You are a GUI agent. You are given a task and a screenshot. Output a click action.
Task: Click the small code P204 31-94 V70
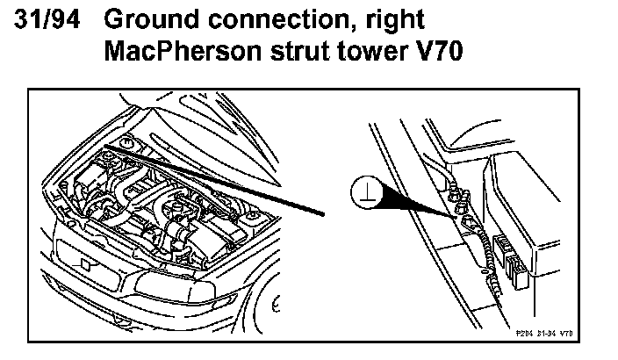(x=549, y=334)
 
